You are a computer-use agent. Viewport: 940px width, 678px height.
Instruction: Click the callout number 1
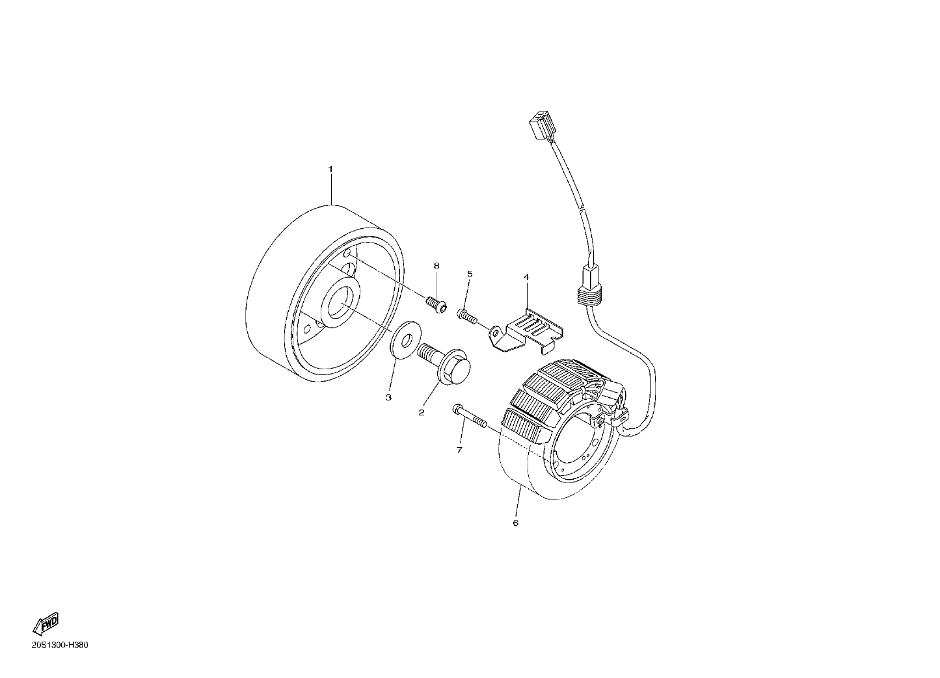(x=330, y=169)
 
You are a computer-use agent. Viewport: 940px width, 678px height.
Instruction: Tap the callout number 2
(x=422, y=413)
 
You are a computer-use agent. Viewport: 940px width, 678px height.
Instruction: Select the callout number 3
(x=388, y=397)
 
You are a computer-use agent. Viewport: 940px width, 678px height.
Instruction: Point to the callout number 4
(x=526, y=277)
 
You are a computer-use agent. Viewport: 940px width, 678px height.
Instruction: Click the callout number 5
(x=470, y=274)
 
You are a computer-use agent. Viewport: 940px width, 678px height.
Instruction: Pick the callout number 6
(x=516, y=523)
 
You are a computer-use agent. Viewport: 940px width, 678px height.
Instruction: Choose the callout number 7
(x=459, y=450)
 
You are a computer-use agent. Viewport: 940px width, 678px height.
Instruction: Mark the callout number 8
(x=436, y=266)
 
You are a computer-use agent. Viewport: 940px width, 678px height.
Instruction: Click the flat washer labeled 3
(x=406, y=341)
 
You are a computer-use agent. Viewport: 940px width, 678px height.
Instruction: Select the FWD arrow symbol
(x=46, y=624)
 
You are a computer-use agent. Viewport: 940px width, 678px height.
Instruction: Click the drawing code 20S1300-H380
(x=60, y=645)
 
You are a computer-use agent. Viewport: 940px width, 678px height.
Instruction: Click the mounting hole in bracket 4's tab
(x=496, y=333)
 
